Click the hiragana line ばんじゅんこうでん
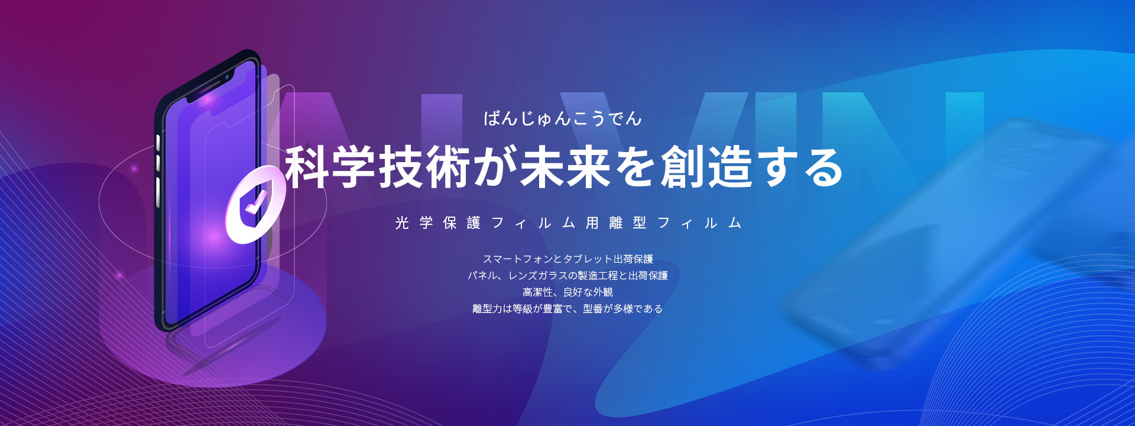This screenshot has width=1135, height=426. coord(562,118)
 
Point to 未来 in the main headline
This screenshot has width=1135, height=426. coord(565,167)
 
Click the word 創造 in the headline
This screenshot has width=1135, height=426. coord(706,167)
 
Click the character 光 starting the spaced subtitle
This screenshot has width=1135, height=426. coord(402,223)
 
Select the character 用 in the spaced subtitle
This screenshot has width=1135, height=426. coord(592,223)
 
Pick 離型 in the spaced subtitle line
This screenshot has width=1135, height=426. coord(628,223)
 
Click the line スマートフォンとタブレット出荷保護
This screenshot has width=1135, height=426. coord(567,259)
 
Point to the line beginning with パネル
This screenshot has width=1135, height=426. coord(567,276)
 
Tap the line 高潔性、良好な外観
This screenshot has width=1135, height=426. coord(567,292)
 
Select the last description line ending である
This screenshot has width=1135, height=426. coord(567,309)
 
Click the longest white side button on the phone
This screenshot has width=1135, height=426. coord(158,192)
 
